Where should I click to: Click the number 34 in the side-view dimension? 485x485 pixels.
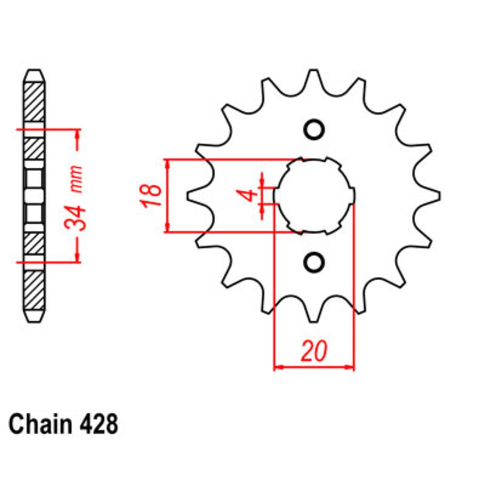pos(77,217)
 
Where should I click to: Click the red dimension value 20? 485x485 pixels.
pos(313,352)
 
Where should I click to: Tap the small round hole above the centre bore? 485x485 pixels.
pos(313,129)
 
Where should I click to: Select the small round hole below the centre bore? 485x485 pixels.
pos(313,262)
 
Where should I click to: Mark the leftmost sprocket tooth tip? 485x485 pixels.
pos(189,195)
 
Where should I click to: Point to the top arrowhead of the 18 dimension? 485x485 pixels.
pos(168,163)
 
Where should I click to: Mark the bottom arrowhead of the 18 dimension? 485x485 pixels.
pos(168,228)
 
